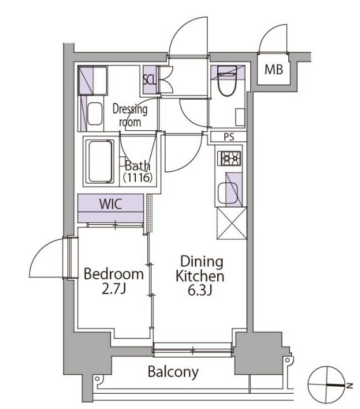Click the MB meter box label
274,70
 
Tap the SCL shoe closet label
149,80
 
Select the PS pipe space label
229,137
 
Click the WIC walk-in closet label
110,204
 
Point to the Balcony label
173,372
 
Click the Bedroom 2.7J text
114,281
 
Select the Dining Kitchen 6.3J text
200,276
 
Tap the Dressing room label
130,116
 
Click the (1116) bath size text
138,178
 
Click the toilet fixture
227,81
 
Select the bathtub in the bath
100,162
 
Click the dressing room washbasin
95,114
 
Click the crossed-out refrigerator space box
232,224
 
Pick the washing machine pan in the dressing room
93,81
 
